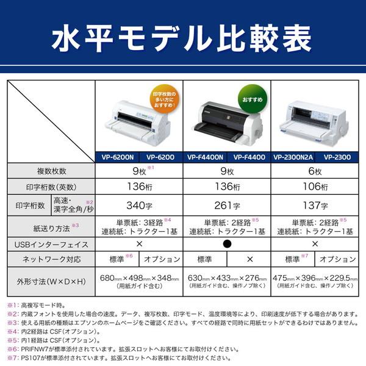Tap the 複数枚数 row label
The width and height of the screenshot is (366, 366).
[51, 171]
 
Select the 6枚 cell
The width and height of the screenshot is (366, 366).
[314, 171]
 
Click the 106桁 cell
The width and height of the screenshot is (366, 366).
[314, 187]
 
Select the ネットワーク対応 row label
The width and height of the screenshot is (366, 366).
[51, 259]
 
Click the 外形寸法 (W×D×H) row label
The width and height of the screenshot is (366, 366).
[51, 281]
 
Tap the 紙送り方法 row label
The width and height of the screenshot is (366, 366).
[51, 227]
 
